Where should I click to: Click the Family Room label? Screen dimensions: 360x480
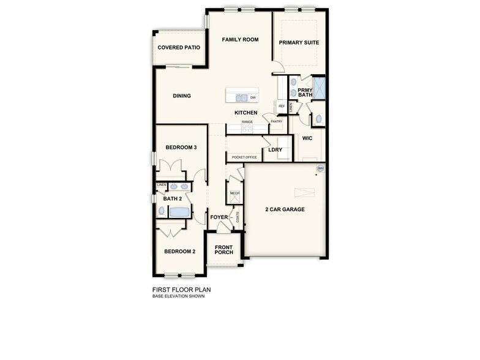click(240, 40)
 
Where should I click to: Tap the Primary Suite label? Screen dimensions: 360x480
click(299, 42)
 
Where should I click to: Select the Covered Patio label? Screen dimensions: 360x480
click(179, 48)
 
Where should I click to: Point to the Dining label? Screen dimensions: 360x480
click(182, 96)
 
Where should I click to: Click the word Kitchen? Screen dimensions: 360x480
click(246, 113)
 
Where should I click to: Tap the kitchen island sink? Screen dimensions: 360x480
click(241, 97)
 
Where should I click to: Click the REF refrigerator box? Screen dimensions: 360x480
click(282, 107)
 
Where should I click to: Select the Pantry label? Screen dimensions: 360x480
click(276, 121)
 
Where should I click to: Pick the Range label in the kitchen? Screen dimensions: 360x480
click(247, 122)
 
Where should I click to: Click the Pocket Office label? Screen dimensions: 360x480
click(244, 157)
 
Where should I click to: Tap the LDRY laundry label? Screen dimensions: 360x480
click(275, 149)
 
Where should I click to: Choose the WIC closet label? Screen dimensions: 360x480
click(307, 138)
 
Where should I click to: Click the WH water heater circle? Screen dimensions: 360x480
click(320, 168)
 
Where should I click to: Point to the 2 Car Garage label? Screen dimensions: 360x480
click(285, 209)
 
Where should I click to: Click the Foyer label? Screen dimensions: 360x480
click(219, 217)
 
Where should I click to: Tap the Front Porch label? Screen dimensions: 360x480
click(223, 250)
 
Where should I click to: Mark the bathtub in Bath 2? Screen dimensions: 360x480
click(179, 212)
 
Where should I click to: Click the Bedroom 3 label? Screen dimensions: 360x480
click(181, 148)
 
